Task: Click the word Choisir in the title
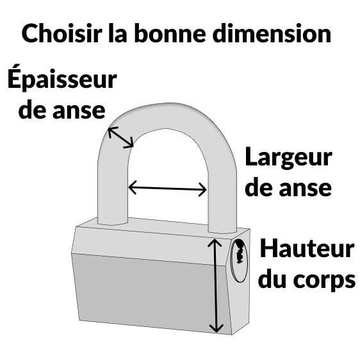[x=62, y=33]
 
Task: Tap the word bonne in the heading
[x=170, y=33]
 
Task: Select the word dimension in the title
[x=272, y=33]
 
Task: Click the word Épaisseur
[x=62, y=78]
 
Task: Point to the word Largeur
[x=289, y=156]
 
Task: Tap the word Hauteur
[x=307, y=248]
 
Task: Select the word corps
[x=325, y=280]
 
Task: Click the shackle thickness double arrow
[x=121, y=137]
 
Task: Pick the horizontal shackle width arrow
[x=167, y=189]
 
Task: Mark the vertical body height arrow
[x=215, y=286]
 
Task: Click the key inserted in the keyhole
[x=239, y=251]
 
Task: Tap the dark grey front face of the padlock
[x=149, y=292]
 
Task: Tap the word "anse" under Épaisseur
[x=79, y=111]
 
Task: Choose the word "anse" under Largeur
[x=306, y=188]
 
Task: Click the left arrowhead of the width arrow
[x=133, y=187]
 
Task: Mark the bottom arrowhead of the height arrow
[x=216, y=328]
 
